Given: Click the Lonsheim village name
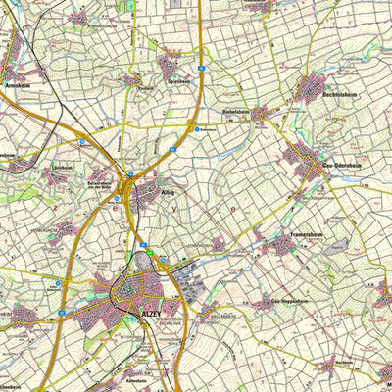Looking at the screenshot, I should tap(63, 168).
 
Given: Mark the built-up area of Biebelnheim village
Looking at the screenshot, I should tap(260, 115).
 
